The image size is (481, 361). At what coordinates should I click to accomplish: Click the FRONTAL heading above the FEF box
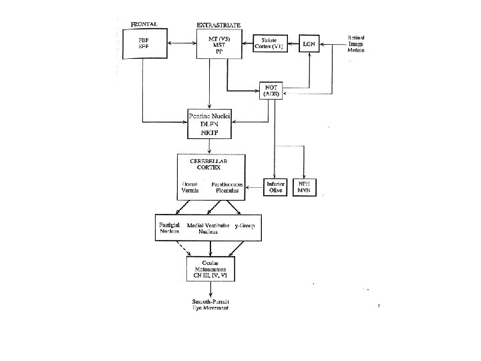pyautogui.click(x=144, y=24)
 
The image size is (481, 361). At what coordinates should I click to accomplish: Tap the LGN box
pyautogui.click(x=309, y=43)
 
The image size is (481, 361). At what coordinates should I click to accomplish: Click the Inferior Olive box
pyautogui.click(x=275, y=187)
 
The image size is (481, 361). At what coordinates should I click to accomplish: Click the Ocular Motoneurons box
pyautogui.click(x=210, y=267)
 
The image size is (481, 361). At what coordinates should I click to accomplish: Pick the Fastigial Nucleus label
pyautogui.click(x=170, y=228)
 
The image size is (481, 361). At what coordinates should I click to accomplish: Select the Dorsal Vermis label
pyautogui.click(x=190, y=187)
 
